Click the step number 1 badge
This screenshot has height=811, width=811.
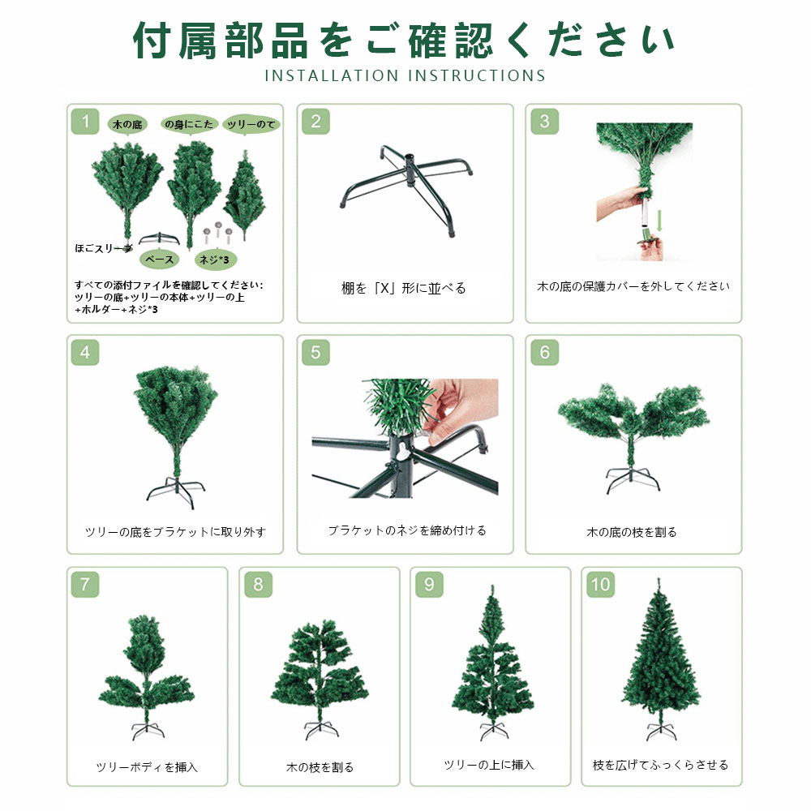click(x=85, y=122)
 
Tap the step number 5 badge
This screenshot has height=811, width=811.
click(x=315, y=353)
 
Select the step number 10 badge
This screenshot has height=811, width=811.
click(x=600, y=585)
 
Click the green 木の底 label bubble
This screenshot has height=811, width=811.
click(x=127, y=124)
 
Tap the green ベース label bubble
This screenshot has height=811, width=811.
click(x=159, y=260)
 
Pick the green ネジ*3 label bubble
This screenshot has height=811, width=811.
click(x=215, y=260)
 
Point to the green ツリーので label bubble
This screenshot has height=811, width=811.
click(x=251, y=124)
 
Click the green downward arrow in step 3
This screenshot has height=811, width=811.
click(x=659, y=221)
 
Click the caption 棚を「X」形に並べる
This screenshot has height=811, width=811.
click(x=404, y=288)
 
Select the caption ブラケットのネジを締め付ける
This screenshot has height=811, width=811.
click(x=407, y=530)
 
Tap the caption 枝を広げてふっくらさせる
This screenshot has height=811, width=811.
click(x=660, y=765)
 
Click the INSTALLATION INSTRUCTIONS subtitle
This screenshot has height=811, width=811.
click(x=405, y=75)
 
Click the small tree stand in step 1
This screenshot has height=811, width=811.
click(x=159, y=238)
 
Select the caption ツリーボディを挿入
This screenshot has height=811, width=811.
click(x=148, y=767)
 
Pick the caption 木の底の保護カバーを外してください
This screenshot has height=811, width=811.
click(x=633, y=286)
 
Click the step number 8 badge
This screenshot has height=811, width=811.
click(x=258, y=585)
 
